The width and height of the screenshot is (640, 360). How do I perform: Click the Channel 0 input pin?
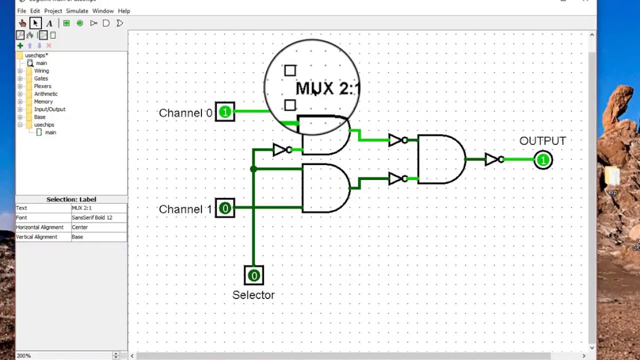225,112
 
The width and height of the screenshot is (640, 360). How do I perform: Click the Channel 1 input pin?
225,208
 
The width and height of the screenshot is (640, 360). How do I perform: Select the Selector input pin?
253,275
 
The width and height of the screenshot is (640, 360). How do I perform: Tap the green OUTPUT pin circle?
543,160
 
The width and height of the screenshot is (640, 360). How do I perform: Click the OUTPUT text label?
542,141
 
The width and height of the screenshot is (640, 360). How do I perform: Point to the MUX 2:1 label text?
327,89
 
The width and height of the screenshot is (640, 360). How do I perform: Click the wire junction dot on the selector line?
253,169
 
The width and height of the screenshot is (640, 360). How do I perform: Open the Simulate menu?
77,11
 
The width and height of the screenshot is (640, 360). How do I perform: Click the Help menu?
124,11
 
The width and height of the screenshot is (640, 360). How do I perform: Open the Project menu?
53,11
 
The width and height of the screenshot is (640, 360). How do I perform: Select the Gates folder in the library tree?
41,78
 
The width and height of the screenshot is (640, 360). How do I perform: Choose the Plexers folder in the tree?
42,86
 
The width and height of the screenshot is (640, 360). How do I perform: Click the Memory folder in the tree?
43,101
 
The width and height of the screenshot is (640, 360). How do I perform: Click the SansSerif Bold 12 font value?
92,217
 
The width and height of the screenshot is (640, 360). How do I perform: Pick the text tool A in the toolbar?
49,23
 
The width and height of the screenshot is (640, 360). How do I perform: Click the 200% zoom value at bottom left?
23,355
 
